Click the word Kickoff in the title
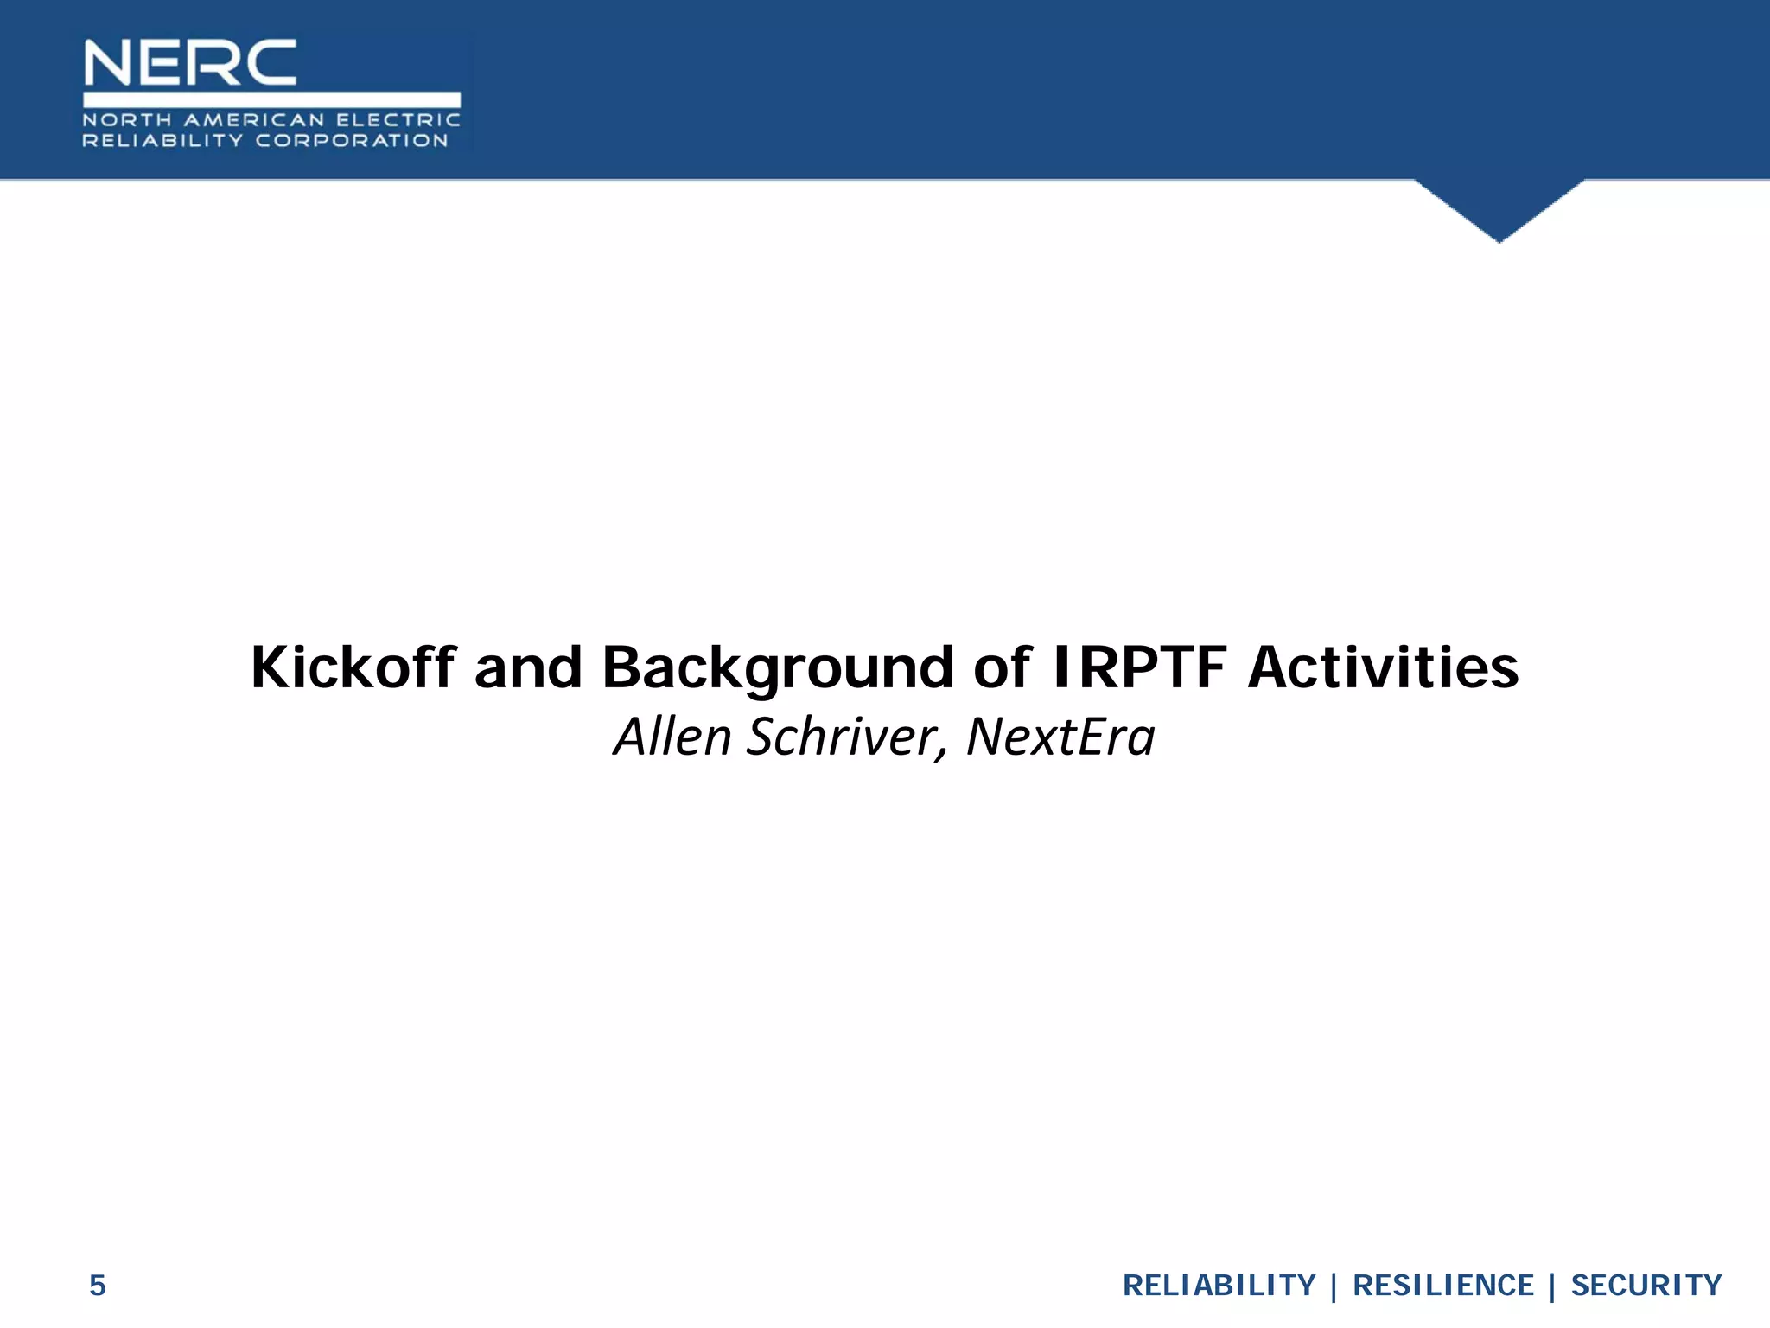[353, 668]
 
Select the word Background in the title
[777, 668]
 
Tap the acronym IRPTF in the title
[1140, 668]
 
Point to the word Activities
[1383, 668]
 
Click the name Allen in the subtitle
[672, 737]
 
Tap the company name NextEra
[1060, 737]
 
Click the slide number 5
[98, 1286]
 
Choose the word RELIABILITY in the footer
[1219, 1286]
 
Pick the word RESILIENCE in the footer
[1442, 1286]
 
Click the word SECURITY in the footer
[1646, 1286]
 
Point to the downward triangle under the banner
[1499, 207]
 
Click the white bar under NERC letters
[271, 99]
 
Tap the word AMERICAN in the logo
[254, 120]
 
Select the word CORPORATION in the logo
[352, 141]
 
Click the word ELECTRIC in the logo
[398, 120]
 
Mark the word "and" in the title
[528, 668]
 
